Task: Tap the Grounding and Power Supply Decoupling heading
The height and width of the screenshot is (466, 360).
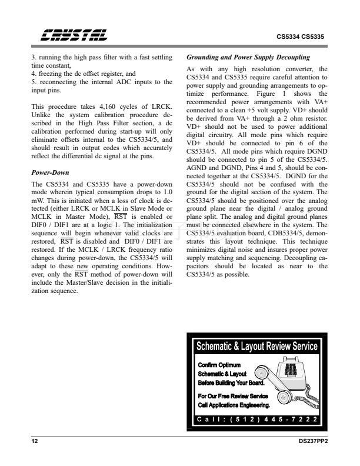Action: (x=248, y=57)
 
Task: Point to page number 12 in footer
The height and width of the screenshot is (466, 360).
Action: (x=34, y=441)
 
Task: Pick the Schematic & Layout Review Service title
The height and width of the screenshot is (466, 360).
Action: (x=256, y=347)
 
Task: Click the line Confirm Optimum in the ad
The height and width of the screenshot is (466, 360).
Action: (x=219, y=365)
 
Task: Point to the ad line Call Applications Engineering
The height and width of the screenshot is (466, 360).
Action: (x=234, y=405)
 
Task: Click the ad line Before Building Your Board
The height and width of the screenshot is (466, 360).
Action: (x=234, y=382)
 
